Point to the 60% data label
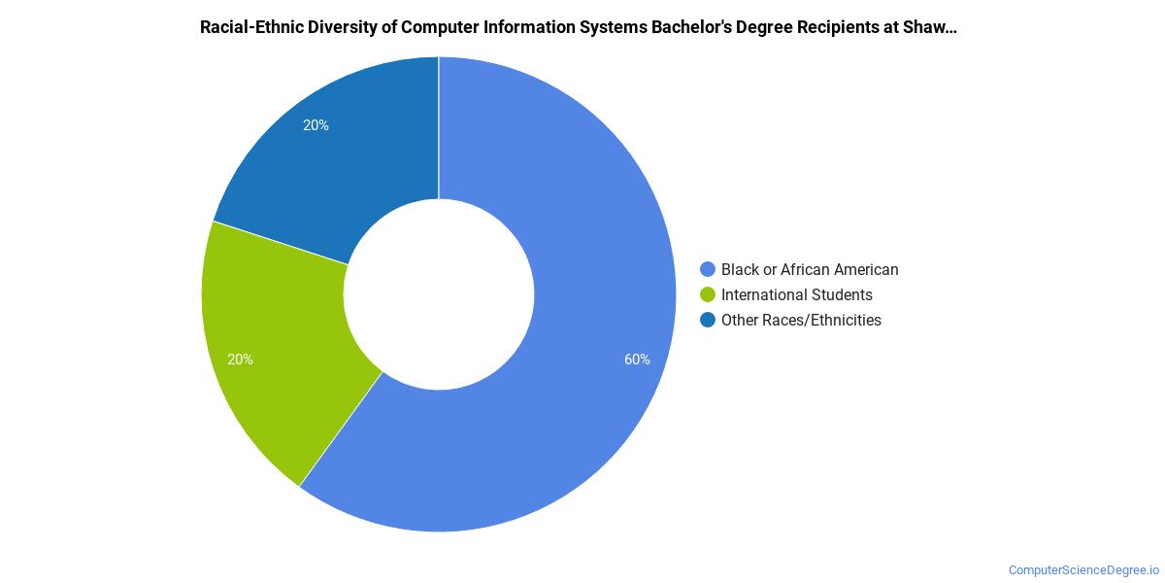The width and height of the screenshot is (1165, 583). (637, 360)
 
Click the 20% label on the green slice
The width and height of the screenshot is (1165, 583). (241, 360)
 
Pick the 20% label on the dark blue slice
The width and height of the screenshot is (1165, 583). (316, 125)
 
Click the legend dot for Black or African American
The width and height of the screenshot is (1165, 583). (708, 269)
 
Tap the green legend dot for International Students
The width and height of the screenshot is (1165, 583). (708, 294)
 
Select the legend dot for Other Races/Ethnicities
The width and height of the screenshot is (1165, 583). (708, 320)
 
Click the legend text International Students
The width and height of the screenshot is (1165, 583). (797, 294)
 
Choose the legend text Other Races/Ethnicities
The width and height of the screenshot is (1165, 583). (801, 320)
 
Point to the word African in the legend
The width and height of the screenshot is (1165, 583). (808, 269)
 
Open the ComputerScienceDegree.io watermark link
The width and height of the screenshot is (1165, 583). (1083, 570)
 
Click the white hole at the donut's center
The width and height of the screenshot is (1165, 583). (439, 294)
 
